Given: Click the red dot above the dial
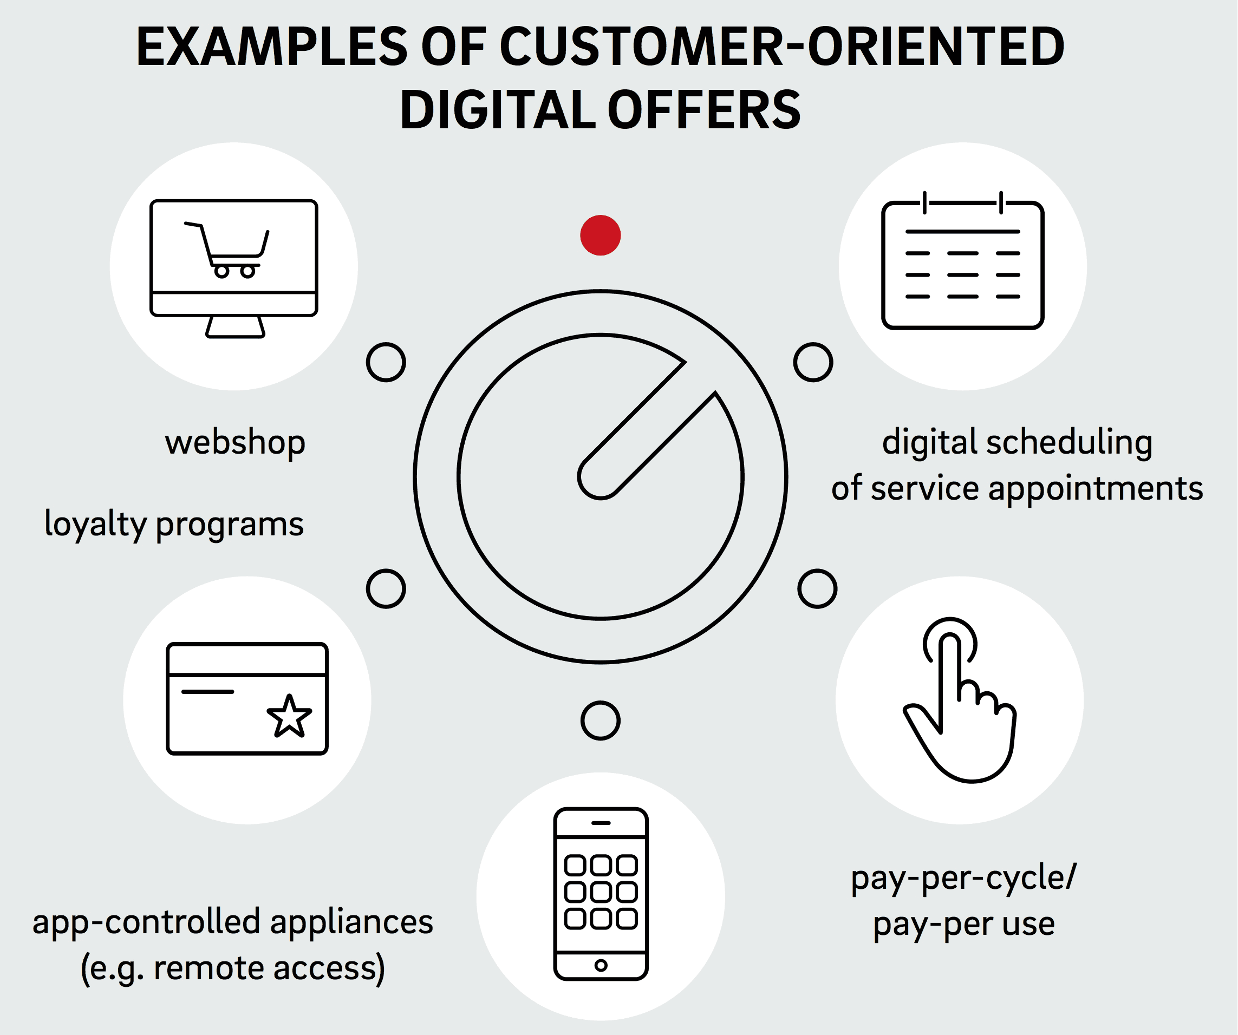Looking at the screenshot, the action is tap(600, 235).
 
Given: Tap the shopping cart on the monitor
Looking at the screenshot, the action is tap(227, 251).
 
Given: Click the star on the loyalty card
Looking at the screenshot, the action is tap(289, 716).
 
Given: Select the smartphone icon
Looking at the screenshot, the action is tap(601, 894).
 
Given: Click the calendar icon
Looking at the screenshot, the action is tap(963, 260).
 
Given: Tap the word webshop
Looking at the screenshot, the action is tap(235, 442).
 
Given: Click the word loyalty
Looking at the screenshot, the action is tap(95, 524).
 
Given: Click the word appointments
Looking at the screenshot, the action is tap(1096, 489).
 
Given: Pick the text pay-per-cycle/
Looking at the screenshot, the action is tap(964, 877).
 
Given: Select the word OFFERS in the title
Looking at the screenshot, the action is tap(704, 110).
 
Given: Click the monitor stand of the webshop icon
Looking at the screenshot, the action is tap(235, 327).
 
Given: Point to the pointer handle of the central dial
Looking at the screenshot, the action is tap(647, 430).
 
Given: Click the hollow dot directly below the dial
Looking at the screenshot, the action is tap(600, 720).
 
